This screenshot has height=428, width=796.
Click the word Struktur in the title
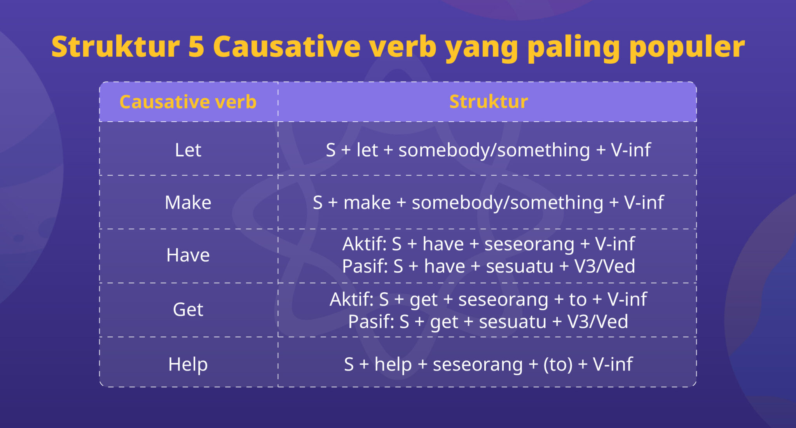(x=115, y=47)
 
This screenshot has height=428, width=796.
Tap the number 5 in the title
(x=196, y=47)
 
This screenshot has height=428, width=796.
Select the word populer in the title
(x=687, y=47)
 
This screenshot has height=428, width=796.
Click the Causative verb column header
(x=188, y=102)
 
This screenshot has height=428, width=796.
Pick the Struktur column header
(x=488, y=102)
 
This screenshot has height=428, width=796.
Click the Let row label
(x=188, y=150)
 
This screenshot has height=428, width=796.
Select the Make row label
(x=188, y=203)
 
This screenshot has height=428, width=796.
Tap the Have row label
(x=188, y=255)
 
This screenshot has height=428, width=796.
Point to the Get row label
(x=188, y=310)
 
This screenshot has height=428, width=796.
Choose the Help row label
(x=188, y=364)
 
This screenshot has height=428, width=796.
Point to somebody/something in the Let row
(x=494, y=150)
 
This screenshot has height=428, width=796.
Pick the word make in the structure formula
(x=367, y=203)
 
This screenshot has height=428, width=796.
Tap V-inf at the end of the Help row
(x=613, y=365)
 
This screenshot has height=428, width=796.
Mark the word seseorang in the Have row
(x=529, y=244)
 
